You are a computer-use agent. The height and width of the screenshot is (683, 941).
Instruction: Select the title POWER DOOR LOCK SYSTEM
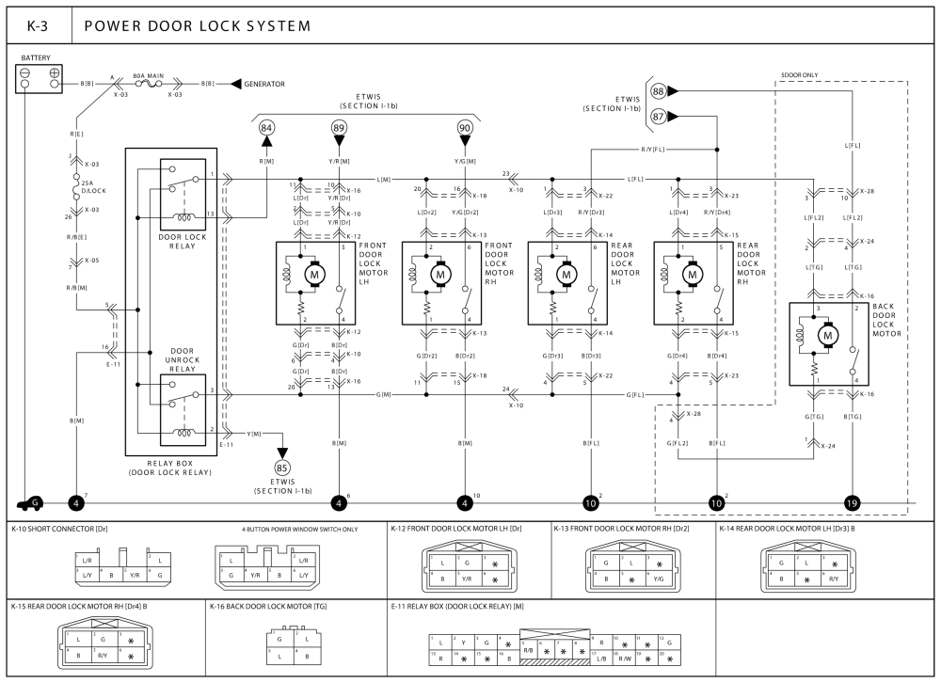198,25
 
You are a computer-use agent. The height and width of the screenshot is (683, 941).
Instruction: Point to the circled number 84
267,127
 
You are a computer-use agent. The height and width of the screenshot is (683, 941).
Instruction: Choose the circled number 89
339,127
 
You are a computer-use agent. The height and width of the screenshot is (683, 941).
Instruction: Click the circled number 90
465,127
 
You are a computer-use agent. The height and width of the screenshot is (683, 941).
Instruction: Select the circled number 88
659,91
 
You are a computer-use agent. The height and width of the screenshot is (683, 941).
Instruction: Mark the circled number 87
659,116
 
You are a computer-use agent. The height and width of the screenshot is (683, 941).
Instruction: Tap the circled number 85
282,467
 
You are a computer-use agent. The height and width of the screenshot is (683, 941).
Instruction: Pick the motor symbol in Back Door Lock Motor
829,335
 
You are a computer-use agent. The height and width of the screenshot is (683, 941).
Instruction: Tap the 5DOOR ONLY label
799,74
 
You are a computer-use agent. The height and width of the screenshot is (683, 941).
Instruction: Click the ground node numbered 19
853,502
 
